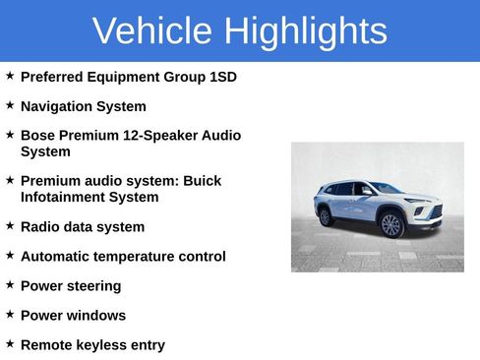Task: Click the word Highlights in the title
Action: point(305,31)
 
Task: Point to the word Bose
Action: point(38,136)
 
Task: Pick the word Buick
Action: point(201,181)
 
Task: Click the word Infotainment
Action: point(64,197)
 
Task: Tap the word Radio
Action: point(40,227)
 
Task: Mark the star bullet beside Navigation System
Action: point(10,104)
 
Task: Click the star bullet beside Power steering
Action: point(10,284)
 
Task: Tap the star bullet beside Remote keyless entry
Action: point(10,343)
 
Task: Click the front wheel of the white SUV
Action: point(391,225)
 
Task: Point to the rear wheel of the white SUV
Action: point(326,216)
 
